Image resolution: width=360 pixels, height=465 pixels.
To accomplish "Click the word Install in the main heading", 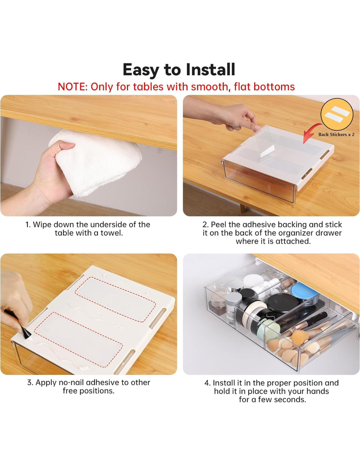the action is point(210,70).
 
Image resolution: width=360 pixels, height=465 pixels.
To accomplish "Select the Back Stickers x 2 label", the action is point(336,134).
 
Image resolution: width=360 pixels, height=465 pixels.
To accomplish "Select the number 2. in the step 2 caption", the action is point(206,225).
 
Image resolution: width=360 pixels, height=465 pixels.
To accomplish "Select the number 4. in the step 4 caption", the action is point(207,383).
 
